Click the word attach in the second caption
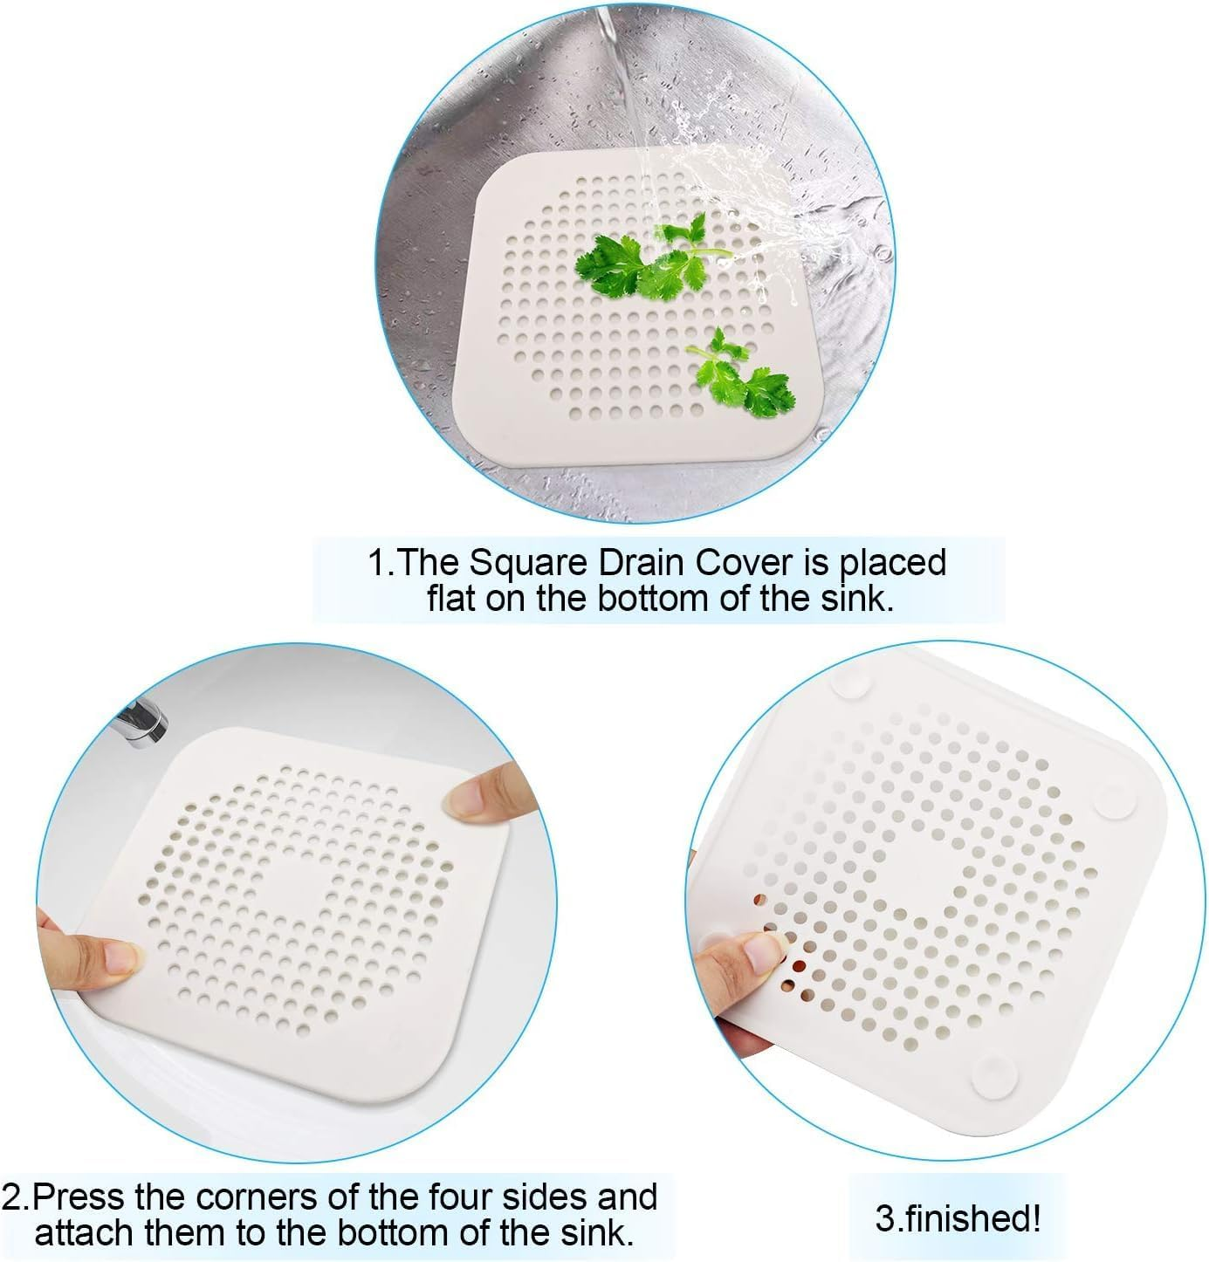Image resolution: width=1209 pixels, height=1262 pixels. click(82, 1233)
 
